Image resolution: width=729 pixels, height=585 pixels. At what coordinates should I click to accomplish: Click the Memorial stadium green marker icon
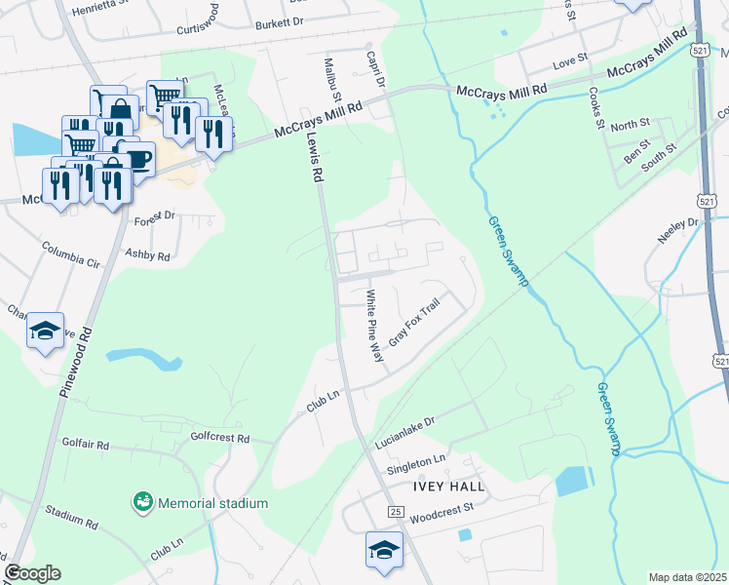click(143, 502)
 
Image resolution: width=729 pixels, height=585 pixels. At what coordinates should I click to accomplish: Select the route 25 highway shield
click(395, 511)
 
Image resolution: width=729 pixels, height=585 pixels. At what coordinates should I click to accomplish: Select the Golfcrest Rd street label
click(220, 438)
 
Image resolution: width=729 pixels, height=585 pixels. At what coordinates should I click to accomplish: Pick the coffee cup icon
click(136, 158)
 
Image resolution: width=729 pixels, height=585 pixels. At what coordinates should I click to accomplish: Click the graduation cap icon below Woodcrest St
click(384, 549)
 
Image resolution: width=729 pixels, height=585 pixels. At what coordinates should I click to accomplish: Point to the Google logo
click(32, 573)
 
